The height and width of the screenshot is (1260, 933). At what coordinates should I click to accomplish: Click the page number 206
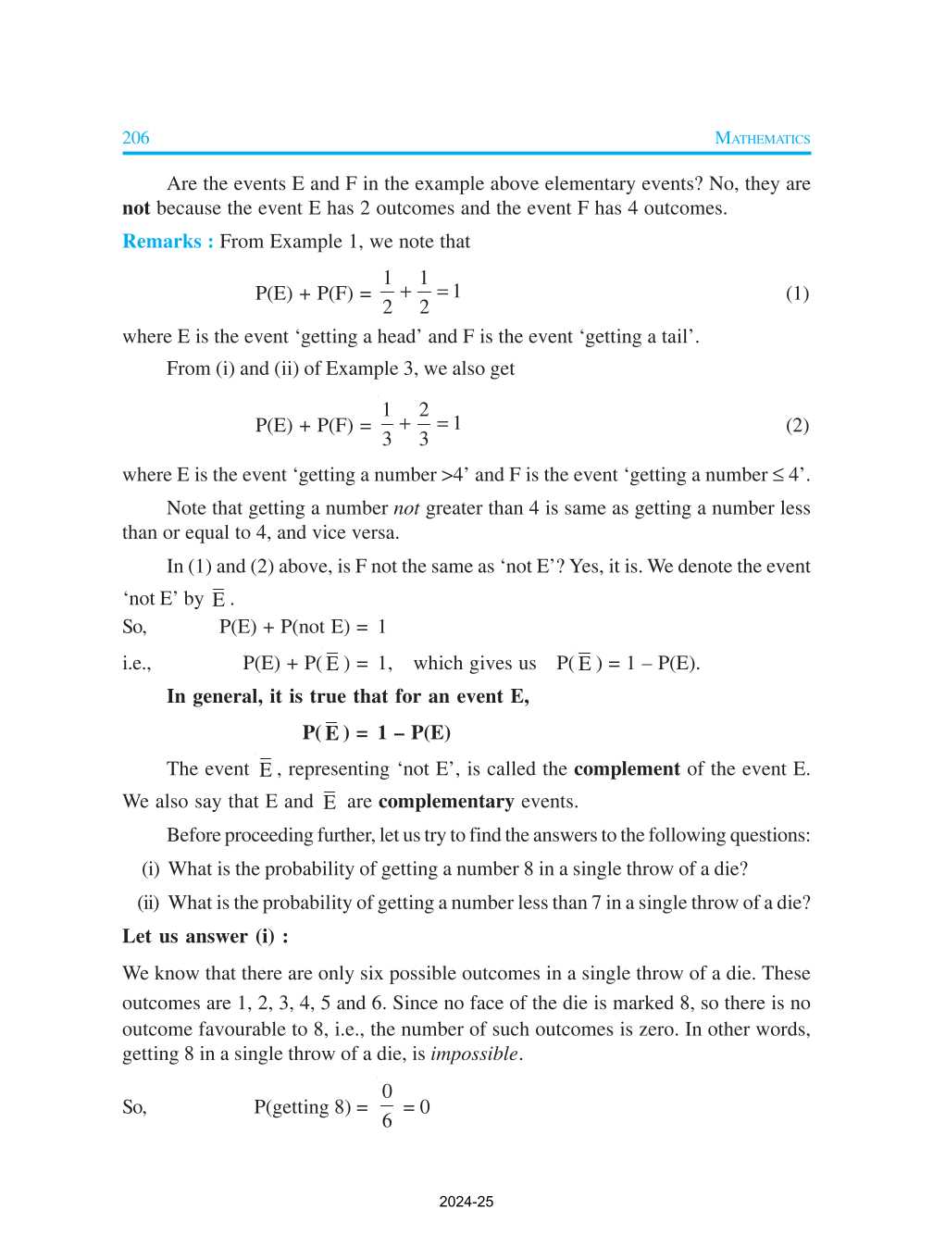coord(135,138)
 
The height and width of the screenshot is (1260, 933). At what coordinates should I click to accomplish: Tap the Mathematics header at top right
coord(762,139)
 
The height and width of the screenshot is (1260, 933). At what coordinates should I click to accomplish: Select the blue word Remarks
coord(162,242)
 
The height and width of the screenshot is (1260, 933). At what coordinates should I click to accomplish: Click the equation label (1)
coord(797,293)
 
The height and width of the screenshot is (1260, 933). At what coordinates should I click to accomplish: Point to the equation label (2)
coord(797,425)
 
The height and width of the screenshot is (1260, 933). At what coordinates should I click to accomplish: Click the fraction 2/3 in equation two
coord(424,424)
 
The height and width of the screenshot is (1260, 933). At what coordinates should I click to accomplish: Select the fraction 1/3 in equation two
coord(387,424)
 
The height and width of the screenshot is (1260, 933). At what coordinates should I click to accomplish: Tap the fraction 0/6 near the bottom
coord(387,1106)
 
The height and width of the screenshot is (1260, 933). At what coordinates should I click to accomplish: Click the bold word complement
coord(627,769)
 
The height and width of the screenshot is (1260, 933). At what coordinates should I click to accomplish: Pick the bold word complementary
coord(446,802)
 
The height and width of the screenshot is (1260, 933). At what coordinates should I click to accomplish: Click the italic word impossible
coord(474,1054)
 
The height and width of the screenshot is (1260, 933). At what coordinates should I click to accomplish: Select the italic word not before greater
coord(406,508)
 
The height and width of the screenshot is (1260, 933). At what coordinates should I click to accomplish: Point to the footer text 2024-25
coord(466,1202)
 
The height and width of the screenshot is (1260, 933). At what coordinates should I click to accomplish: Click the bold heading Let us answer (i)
coord(205,936)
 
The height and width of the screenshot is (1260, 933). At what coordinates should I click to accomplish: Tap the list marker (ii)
coord(148,903)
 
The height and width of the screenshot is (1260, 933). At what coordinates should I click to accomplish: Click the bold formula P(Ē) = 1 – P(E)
coord(376,733)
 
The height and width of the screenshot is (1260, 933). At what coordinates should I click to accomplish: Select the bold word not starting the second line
coord(135,208)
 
